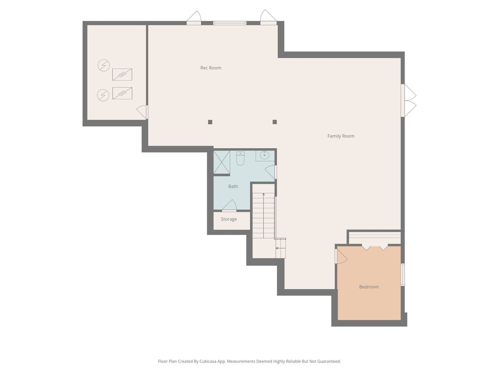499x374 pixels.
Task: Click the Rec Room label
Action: (210, 68)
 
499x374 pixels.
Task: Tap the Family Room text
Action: (341, 136)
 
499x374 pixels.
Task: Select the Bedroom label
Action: (369, 287)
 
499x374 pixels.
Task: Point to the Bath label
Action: (233, 186)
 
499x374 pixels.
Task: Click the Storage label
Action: (229, 219)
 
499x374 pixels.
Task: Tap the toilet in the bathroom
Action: (240, 158)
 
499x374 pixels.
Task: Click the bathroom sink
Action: (264, 155)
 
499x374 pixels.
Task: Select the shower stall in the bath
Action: (221, 162)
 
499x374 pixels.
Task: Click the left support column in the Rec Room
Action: (210, 122)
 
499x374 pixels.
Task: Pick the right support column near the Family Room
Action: (274, 122)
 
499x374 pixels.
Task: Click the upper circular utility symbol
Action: (104, 65)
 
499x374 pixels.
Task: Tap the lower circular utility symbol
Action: (103, 95)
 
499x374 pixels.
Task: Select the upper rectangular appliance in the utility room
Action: (122, 74)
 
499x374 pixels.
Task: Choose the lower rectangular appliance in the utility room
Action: (122, 93)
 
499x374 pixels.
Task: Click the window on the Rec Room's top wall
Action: (230, 23)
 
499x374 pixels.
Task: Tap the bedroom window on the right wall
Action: (403, 274)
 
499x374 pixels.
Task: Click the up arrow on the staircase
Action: (264, 215)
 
